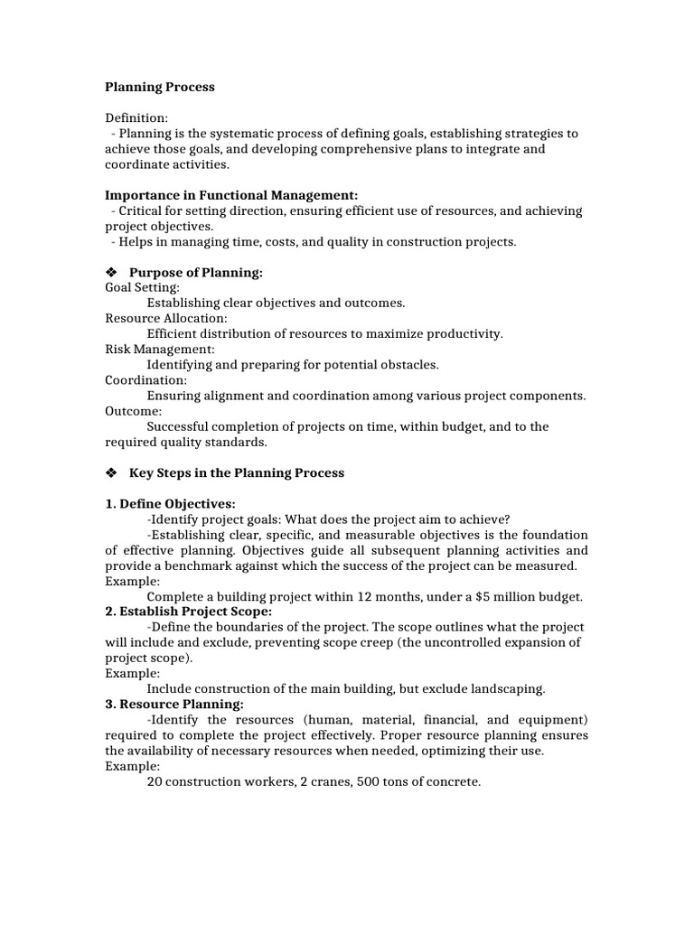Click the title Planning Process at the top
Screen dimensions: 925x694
[160, 88]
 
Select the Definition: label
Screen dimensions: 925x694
[136, 117]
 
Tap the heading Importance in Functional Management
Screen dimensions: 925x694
[231, 195]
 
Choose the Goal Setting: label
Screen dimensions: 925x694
[143, 287]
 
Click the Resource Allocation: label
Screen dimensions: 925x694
[166, 318]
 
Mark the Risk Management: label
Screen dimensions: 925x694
[160, 349]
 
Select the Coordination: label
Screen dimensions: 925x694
[146, 379]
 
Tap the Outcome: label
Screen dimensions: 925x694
[133, 411]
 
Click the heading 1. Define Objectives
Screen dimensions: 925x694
[170, 503]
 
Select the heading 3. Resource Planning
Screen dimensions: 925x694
[174, 704]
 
